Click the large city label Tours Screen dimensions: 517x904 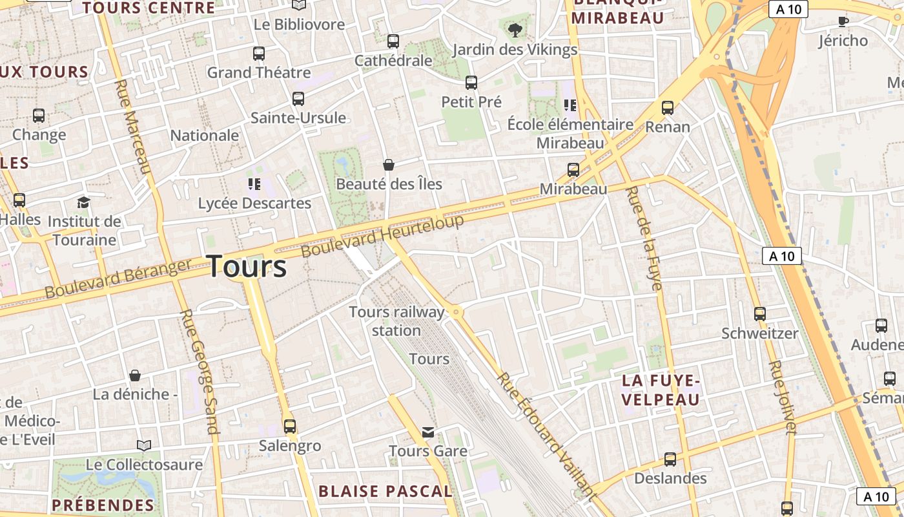[247, 266]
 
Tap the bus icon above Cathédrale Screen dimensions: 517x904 [393, 41]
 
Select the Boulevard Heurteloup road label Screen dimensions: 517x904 [382, 236]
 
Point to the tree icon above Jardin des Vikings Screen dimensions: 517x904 [515, 29]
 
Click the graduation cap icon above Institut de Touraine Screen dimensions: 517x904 [83, 203]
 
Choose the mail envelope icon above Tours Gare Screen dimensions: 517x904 [427, 432]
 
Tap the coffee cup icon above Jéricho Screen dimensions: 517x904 [843, 21]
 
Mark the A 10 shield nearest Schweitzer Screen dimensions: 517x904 [781, 256]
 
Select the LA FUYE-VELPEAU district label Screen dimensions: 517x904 [661, 390]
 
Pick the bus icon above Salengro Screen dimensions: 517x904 [290, 427]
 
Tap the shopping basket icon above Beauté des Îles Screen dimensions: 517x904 [389, 165]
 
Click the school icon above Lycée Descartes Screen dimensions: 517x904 [254, 185]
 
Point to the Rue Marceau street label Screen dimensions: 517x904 [134, 127]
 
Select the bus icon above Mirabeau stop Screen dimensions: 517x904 [573, 170]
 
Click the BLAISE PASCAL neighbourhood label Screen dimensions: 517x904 [385, 491]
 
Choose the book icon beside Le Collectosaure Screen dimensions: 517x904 [144, 445]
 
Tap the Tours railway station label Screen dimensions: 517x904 [396, 321]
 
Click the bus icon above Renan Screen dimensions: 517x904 [668, 108]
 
